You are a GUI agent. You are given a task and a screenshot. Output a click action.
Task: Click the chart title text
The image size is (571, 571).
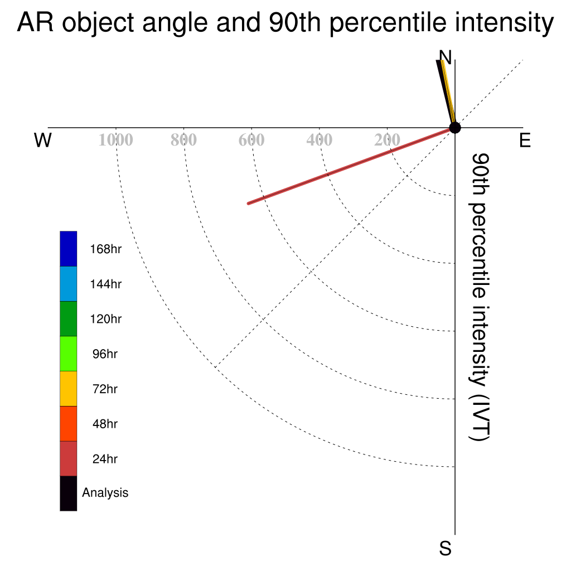[x=285, y=22]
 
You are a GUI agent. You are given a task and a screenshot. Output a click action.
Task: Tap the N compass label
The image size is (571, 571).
[x=446, y=57]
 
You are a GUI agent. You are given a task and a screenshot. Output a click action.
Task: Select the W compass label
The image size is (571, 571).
[x=42, y=140]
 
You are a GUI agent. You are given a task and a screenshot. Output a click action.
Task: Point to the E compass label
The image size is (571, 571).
[x=525, y=140]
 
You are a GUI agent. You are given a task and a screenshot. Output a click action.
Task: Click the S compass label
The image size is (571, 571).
[x=446, y=548]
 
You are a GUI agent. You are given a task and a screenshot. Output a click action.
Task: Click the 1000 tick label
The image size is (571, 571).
[x=116, y=140]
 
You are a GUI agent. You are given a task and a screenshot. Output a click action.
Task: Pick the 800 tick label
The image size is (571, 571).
[x=183, y=140]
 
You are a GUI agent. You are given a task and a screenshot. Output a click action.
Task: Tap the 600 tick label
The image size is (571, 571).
[x=251, y=140]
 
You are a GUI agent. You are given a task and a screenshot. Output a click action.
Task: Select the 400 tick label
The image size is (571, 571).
[x=320, y=140]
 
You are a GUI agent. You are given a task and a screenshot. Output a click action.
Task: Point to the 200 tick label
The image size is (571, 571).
[x=387, y=140]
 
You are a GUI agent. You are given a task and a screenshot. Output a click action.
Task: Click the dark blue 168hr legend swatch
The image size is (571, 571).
[x=69, y=249]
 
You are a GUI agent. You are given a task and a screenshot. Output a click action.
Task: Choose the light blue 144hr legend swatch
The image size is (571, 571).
[x=69, y=284]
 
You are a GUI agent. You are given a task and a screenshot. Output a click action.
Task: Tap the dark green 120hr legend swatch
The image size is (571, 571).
[x=69, y=318]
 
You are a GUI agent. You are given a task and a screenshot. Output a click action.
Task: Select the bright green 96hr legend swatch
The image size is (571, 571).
[x=69, y=354]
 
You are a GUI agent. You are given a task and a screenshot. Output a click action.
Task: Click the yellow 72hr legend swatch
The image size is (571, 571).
[x=69, y=389]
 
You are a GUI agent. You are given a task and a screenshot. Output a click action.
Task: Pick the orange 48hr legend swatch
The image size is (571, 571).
[x=69, y=424]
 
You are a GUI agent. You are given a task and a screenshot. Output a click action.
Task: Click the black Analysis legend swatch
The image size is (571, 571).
[x=69, y=493]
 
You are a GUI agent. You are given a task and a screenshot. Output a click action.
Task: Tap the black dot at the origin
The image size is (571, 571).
[x=455, y=128]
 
